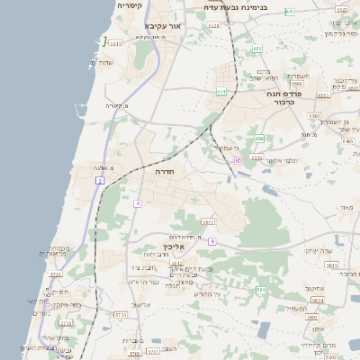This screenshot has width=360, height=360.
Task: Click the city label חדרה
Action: (164, 170)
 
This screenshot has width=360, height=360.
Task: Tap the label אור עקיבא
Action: (163, 27)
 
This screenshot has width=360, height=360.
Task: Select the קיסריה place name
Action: (128, 5)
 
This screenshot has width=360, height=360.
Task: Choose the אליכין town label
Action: (174, 246)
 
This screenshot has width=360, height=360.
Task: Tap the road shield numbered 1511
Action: (115, 41)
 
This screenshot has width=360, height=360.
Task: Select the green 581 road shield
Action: (260, 290)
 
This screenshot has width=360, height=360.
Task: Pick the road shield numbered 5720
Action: (56, 274)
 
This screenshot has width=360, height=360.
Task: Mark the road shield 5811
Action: (331, 265)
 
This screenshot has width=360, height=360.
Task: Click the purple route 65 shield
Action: (238, 160)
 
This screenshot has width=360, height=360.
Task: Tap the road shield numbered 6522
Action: (213, 26)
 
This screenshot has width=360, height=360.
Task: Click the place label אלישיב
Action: (141, 304)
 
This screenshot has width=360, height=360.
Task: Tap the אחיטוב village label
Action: (314, 289)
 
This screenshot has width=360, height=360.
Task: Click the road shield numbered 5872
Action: (208, 221)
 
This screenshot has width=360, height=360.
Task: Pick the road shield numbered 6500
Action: (314, 116)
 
